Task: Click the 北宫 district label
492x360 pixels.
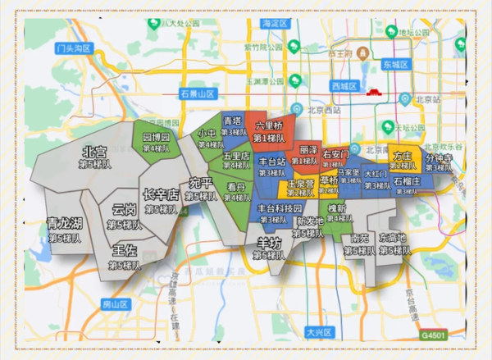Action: coord(94,152)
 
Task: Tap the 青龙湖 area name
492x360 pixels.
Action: coord(64,223)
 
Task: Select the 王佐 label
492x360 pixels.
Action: coord(125,249)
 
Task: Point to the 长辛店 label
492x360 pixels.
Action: coord(160,195)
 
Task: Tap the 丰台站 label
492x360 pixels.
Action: coord(271,162)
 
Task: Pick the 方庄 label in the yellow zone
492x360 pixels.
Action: coord(403,155)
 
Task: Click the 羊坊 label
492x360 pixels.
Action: coord(268,243)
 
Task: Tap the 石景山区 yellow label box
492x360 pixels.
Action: coord(198,93)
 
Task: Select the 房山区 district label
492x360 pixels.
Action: coord(116,304)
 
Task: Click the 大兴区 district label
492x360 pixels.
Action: coord(317,332)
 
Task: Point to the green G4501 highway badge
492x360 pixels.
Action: coord(434,335)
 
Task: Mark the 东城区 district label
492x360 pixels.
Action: coord(394,64)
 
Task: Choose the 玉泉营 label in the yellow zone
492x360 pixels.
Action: coord(301,185)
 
